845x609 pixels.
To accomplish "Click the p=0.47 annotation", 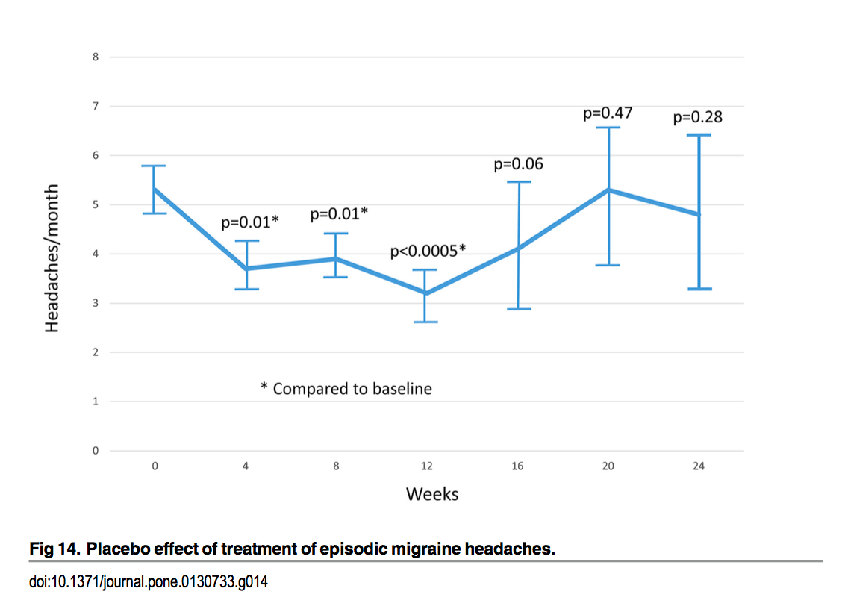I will (x=608, y=113).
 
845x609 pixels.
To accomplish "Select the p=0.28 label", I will (x=698, y=117).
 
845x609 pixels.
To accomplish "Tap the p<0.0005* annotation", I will (x=428, y=252).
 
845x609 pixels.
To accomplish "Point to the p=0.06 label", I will (x=518, y=164).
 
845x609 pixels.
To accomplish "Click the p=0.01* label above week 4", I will (x=250, y=222).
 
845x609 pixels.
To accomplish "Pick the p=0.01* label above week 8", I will (x=339, y=215).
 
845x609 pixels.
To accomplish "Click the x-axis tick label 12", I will (x=427, y=466).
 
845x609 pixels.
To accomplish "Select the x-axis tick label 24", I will (x=699, y=466).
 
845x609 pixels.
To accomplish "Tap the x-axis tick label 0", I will (x=155, y=466).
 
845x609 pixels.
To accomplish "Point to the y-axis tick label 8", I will (x=96, y=57).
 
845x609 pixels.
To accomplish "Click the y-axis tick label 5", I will (x=96, y=204).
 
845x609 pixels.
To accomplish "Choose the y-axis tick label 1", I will (x=96, y=402).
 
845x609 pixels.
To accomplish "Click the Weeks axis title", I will (x=432, y=494).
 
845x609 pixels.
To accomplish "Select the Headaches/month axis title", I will (x=52, y=257).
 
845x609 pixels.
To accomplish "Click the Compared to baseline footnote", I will (x=346, y=389).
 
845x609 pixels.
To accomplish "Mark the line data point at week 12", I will (x=425, y=293).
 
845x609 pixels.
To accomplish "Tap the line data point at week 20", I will (x=608, y=190).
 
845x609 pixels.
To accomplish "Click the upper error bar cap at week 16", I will (x=517, y=181).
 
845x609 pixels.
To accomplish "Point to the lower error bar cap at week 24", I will (x=699, y=289).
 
